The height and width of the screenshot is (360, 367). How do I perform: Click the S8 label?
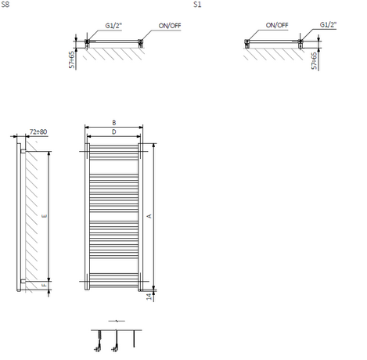click(5, 5)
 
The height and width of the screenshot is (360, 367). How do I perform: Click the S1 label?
click(197, 5)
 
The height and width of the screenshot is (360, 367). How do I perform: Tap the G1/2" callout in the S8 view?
click(113, 26)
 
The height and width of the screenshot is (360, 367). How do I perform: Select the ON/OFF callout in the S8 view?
click(170, 26)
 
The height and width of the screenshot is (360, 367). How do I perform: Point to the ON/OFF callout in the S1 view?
click(277, 25)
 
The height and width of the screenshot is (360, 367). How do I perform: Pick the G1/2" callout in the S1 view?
click(328, 24)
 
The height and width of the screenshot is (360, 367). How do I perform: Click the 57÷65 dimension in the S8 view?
click(72, 60)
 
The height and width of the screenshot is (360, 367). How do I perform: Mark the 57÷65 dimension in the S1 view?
click(314, 61)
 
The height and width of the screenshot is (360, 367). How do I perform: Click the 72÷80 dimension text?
click(38, 131)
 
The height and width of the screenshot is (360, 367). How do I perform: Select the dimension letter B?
click(114, 123)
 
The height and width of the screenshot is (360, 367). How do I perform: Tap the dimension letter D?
click(114, 132)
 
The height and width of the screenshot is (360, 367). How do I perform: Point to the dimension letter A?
click(149, 216)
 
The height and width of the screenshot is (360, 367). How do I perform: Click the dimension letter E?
click(45, 216)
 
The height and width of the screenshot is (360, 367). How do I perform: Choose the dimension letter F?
click(45, 285)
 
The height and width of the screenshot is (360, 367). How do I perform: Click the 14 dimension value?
click(149, 297)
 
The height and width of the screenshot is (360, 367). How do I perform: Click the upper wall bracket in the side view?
click(23, 151)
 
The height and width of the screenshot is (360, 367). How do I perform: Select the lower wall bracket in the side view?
click(23, 281)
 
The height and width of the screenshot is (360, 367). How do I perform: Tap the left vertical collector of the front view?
click(87, 217)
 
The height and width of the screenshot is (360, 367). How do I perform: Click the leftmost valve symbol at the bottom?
click(98, 341)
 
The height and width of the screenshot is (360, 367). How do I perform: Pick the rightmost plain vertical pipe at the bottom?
click(134, 339)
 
